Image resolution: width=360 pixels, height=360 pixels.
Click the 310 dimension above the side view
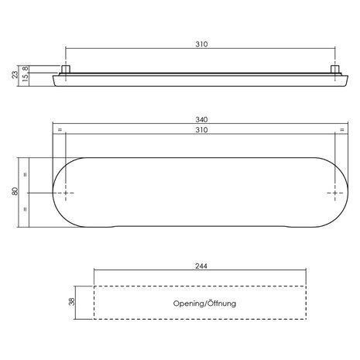pos(201,44)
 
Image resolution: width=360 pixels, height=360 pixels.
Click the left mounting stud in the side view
pos(66,70)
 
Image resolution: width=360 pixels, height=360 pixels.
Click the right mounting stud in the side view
pos(338,70)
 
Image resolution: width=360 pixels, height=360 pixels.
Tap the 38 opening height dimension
pos(71,303)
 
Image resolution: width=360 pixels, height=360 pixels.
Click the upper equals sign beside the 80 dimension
pos(27,175)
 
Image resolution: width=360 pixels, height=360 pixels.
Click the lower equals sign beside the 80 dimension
pos(27,209)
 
